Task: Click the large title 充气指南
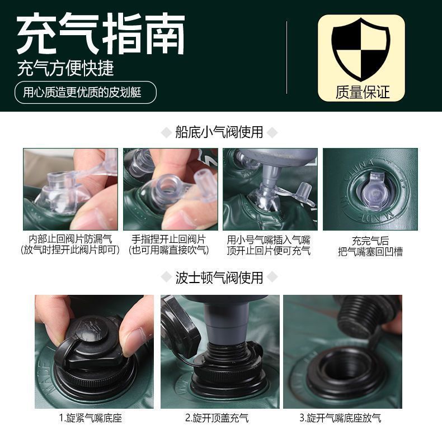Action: click(101, 33)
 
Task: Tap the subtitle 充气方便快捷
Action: click(65, 68)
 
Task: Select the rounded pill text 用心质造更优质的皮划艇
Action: click(82, 92)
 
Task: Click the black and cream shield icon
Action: click(361, 50)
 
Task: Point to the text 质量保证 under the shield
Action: click(363, 92)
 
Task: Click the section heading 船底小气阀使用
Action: click(219, 132)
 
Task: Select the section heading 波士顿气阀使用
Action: click(219, 278)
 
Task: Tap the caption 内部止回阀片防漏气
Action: click(70, 239)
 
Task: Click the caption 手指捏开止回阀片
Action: click(168, 239)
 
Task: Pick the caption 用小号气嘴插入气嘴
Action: click(269, 240)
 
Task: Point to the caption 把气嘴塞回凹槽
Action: click(370, 251)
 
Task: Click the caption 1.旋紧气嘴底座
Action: click(91, 418)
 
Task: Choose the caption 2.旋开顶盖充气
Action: click(217, 418)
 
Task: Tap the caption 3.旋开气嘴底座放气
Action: click(340, 418)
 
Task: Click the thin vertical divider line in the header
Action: click(286, 58)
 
